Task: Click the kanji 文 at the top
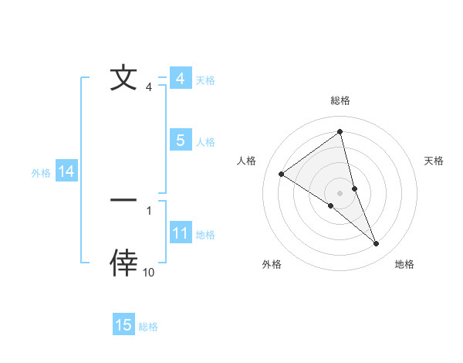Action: coord(123,79)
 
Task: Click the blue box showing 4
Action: coord(180,79)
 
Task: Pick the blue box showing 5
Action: coord(180,141)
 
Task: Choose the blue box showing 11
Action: coord(180,233)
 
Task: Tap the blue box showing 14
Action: coord(66,172)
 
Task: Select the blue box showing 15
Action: coord(123,325)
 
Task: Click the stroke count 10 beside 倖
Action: coord(149,273)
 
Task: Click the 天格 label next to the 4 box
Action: coord(205,80)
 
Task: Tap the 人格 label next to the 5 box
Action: coord(205,141)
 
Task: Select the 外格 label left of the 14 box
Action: coord(41,173)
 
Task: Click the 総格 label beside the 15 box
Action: coord(148,326)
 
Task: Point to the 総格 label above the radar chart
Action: coord(340,100)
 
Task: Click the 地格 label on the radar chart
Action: coord(404,264)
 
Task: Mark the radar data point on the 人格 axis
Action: coord(281,175)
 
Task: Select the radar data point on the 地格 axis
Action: coord(377,244)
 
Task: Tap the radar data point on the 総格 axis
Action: coord(340,132)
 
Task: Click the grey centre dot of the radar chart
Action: coord(340,192)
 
